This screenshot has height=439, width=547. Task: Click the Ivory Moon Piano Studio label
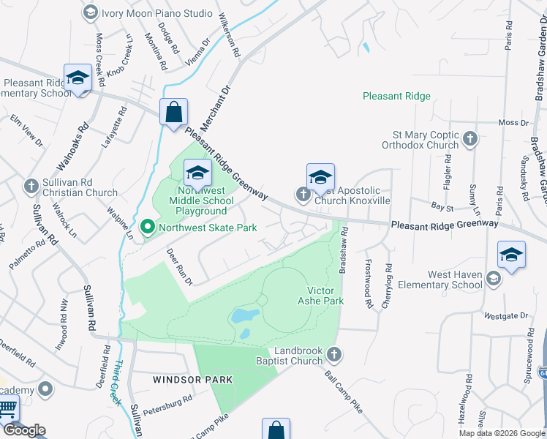click(157, 13)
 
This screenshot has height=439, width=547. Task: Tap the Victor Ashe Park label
click(320, 295)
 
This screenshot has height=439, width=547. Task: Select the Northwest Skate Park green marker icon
click(146, 228)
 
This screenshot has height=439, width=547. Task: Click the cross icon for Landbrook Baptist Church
click(334, 355)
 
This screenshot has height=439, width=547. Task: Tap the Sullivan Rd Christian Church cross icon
click(31, 186)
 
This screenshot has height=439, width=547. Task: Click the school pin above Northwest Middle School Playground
click(197, 173)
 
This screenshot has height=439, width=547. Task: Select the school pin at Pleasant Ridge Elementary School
click(78, 78)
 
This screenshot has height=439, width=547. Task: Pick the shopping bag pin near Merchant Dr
click(174, 113)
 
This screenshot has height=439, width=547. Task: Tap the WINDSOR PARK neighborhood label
click(192, 380)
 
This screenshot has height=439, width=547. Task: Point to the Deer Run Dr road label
click(180, 267)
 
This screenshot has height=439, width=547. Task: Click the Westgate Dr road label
click(506, 316)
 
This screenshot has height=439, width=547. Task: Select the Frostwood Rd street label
click(368, 278)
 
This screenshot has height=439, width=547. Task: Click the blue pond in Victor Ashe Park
click(244, 317)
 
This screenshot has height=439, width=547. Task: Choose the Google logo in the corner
click(25, 430)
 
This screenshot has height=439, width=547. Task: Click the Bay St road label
click(438, 208)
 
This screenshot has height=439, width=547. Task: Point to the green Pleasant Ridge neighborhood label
click(397, 96)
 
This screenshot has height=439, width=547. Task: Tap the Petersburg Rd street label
click(167, 404)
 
